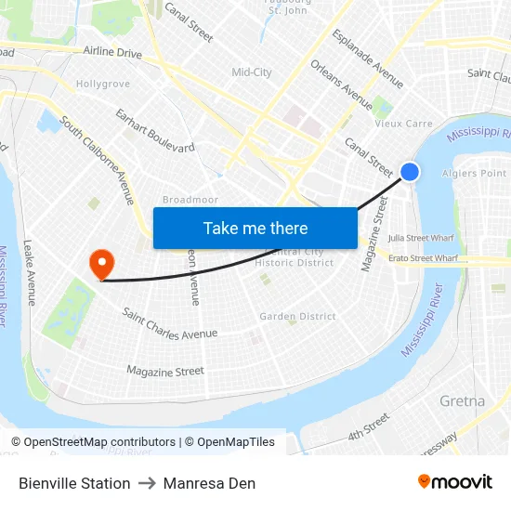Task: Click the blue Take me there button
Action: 255,228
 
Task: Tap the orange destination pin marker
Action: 100,264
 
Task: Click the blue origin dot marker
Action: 410,171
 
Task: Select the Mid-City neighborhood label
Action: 252,72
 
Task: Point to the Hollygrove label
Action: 102,84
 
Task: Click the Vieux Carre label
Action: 403,124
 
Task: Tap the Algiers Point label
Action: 475,173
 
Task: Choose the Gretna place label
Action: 462,401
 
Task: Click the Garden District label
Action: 297,317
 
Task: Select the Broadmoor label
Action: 190,200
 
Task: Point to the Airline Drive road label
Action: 112,53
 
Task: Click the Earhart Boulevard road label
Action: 155,131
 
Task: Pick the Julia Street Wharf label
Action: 422,238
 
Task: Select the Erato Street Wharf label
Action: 423,257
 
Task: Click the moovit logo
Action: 455,482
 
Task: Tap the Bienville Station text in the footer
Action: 74,483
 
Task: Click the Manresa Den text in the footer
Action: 209,483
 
